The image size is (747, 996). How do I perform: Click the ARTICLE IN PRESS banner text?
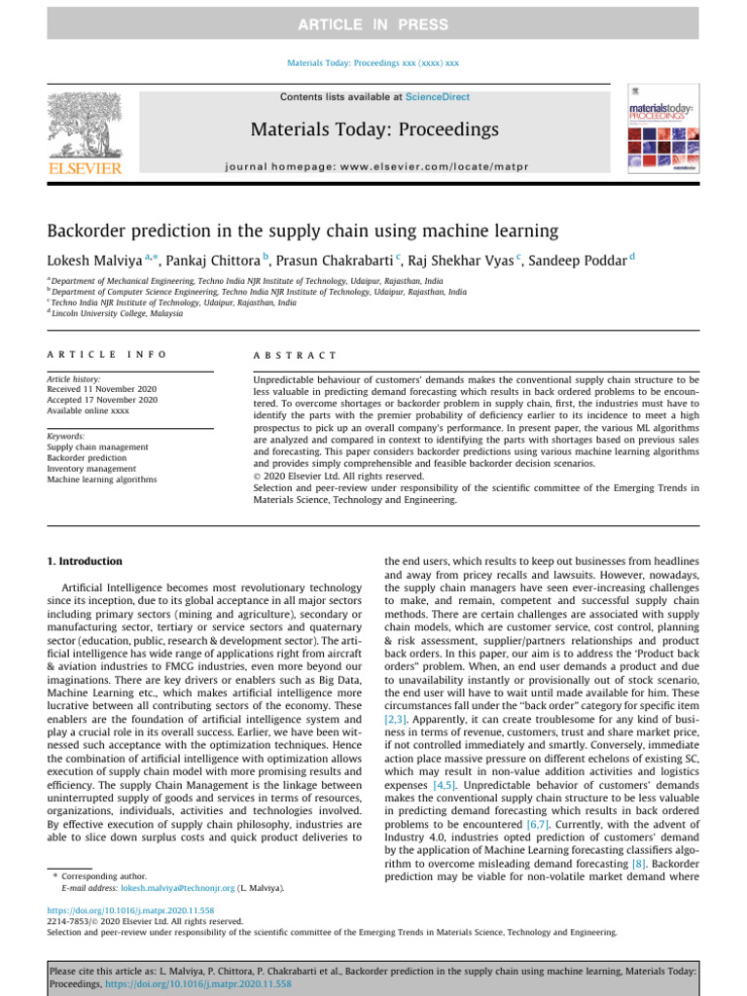(373, 24)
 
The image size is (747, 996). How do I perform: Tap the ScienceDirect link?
(437, 97)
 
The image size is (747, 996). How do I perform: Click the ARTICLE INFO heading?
(107, 355)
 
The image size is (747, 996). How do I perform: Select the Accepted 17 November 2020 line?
(102, 400)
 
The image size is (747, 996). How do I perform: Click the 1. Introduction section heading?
(86, 561)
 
